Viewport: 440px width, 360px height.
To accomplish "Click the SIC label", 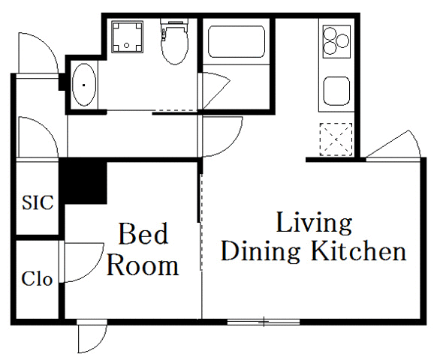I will pyautogui.click(x=37, y=202).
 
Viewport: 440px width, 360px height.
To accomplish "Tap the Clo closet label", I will pyautogui.click(x=37, y=280).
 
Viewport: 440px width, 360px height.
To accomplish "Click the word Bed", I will pyautogui.click(x=143, y=235).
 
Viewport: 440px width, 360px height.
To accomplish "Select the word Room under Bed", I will pyautogui.click(x=143, y=265).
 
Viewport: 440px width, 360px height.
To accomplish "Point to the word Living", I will pyautogui.click(x=314, y=223).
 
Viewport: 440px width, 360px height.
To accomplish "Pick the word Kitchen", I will pyautogui.click(x=359, y=251).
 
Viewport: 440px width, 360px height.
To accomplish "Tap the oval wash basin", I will pyautogui.click(x=84, y=86).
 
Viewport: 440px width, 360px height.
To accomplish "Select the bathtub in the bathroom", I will pyautogui.click(x=236, y=42).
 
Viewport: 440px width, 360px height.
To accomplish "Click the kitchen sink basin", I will pyautogui.click(x=336, y=91).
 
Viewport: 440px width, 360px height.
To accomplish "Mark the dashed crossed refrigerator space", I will pyautogui.click(x=335, y=138).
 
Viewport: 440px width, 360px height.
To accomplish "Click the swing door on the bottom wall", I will pyautogui.click(x=92, y=337).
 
